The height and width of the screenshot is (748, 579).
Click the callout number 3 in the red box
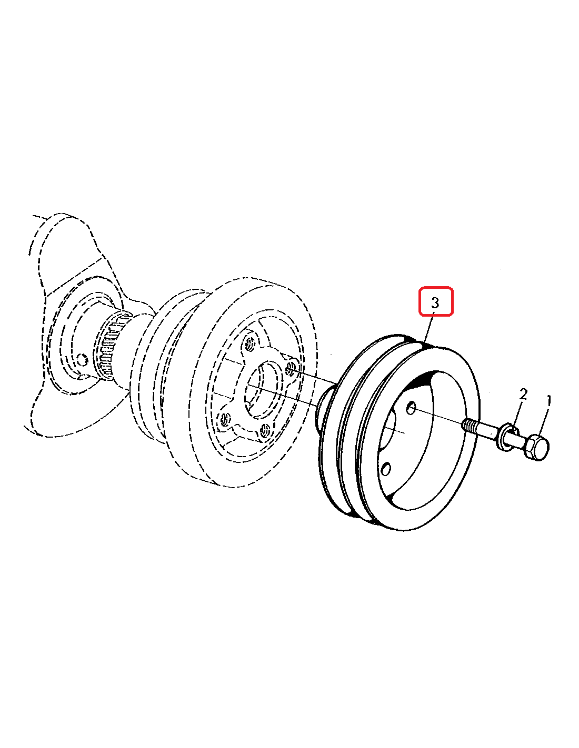(435, 303)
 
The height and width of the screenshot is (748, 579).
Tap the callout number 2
(523, 394)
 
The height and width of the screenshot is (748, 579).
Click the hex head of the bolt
(537, 447)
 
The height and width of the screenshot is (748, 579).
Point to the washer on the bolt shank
(506, 437)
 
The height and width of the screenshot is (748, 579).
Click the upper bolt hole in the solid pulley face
(411, 408)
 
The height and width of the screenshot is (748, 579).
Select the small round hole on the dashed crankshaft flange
(82, 360)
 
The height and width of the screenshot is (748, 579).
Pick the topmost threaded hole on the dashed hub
(251, 343)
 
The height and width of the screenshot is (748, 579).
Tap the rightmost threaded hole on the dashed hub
(292, 367)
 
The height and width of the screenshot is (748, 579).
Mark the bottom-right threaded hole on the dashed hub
(265, 429)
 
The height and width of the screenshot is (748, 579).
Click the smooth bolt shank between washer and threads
(486, 430)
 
